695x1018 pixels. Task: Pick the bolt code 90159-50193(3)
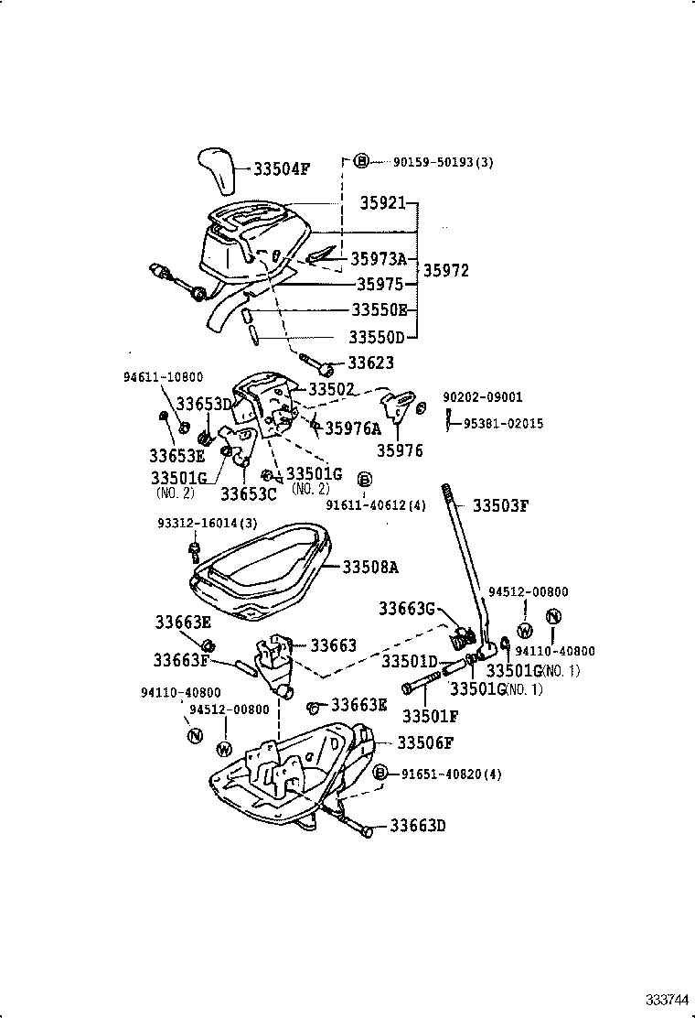pyautogui.click(x=443, y=162)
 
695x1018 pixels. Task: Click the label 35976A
pyautogui.click(x=353, y=427)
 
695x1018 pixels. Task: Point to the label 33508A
pyautogui.click(x=370, y=567)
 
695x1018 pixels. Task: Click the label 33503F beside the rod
pyautogui.click(x=500, y=505)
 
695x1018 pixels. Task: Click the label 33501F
pyautogui.click(x=431, y=715)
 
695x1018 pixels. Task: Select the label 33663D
pyautogui.click(x=417, y=826)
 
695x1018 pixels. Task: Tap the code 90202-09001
pyautogui.click(x=482, y=397)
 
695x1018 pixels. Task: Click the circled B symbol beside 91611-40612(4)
pyautogui.click(x=364, y=479)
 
